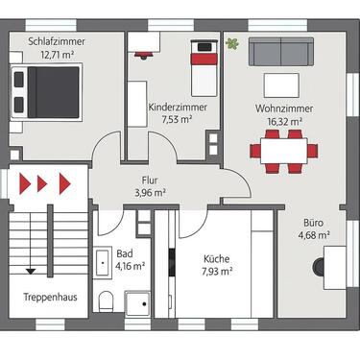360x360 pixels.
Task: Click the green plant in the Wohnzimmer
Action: [232, 43]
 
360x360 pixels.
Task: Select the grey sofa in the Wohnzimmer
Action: [280, 52]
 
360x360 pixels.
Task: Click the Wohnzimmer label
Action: [279, 108]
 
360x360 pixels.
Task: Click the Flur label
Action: [149, 180]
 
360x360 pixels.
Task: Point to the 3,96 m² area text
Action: [149, 193]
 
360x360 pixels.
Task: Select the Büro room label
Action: [313, 221]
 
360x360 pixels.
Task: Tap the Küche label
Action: [216, 257]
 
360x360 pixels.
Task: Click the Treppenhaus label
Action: [50, 297]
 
